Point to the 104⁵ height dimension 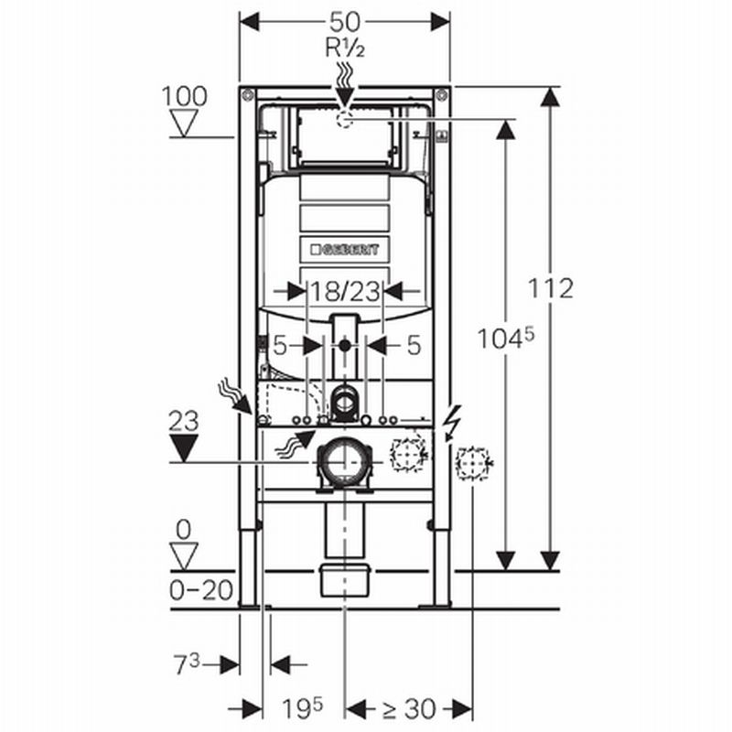(x=504, y=339)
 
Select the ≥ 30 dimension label (x=408, y=708)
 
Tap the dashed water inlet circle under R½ (x=344, y=119)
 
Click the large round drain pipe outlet (x=344, y=463)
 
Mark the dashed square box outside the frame (x=472, y=464)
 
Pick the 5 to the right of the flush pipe (x=413, y=345)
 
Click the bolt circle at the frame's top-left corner (x=248, y=94)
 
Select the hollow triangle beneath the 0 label (x=184, y=554)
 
